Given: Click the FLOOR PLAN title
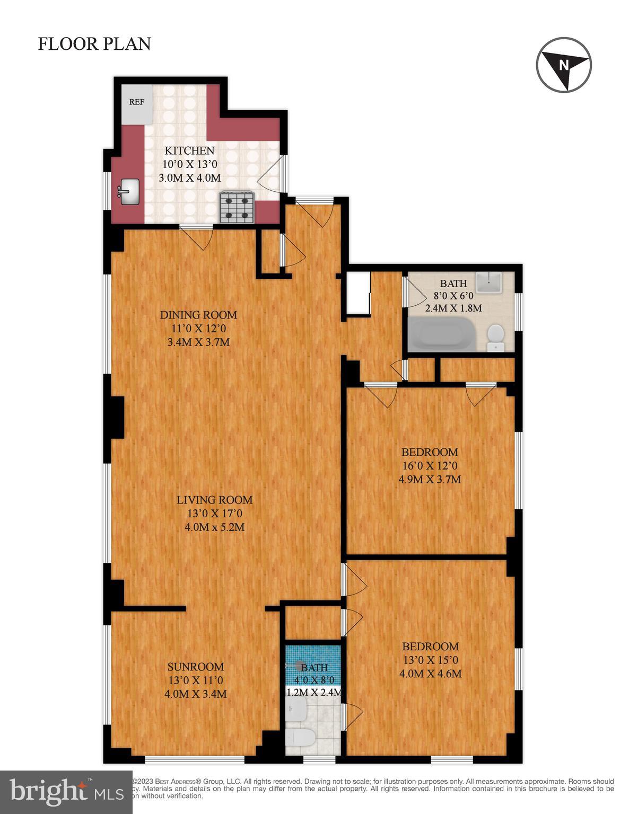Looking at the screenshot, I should tap(94, 44).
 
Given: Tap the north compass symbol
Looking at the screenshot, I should tap(563, 65).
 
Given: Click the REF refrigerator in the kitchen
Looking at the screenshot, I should tap(136, 102).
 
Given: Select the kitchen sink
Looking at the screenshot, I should tap(128, 191).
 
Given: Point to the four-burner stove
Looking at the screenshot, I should tap(237, 207).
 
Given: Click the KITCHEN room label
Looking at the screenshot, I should tap(189, 151).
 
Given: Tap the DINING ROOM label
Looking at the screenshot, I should tap(198, 315).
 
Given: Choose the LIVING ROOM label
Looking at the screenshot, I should tap(214, 500).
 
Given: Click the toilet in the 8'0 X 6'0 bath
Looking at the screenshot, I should tap(495, 337).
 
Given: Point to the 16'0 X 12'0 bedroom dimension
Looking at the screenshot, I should tap(430, 466).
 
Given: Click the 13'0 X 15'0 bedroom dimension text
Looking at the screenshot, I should tap(430, 660).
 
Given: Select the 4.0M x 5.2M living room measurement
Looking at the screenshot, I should tap(214, 527).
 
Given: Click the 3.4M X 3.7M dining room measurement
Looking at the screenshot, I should tap(198, 342).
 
